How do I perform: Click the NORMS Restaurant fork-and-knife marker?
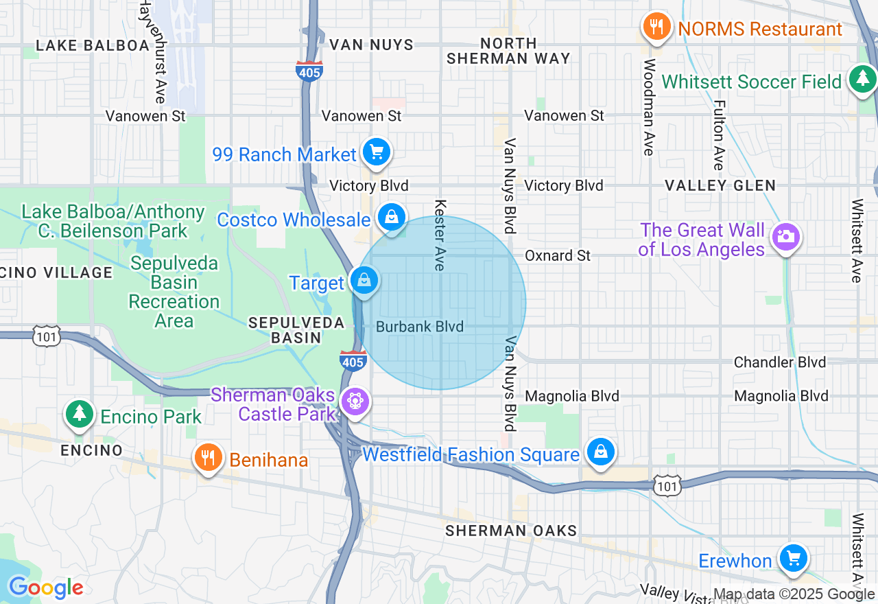point(656,27)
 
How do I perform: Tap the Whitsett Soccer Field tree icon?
point(862,80)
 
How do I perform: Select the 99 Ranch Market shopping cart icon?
point(376,152)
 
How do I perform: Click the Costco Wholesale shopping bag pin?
point(391,218)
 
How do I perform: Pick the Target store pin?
point(364,281)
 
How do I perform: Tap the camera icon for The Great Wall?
point(785,237)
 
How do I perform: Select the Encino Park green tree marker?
point(80,414)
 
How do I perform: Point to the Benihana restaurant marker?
point(208,458)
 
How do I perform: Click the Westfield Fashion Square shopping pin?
point(601,452)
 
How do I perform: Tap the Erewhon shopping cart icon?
point(794,558)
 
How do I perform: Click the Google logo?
point(45,588)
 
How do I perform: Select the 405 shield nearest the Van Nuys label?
point(309,71)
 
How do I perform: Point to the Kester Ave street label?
point(440,235)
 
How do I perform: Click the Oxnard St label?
point(557,255)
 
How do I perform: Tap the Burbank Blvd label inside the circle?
point(420,327)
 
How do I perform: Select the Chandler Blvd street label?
point(779,362)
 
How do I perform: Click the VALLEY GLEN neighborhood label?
point(720,185)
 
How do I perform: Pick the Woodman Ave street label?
point(649,107)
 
